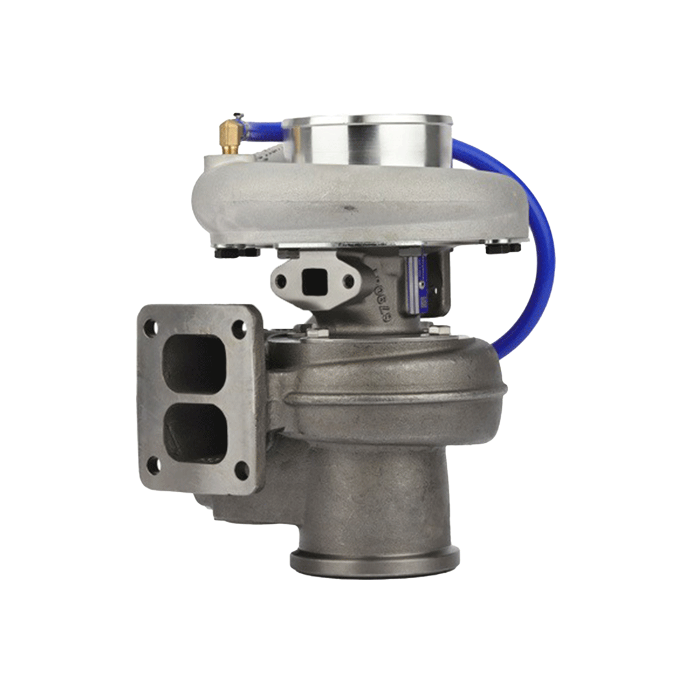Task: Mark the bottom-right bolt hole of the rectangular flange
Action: (x=242, y=471)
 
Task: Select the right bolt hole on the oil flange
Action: (x=348, y=281)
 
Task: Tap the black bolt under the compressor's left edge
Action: (x=236, y=252)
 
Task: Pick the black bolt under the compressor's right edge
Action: (x=502, y=247)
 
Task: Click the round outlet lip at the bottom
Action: (x=375, y=562)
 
